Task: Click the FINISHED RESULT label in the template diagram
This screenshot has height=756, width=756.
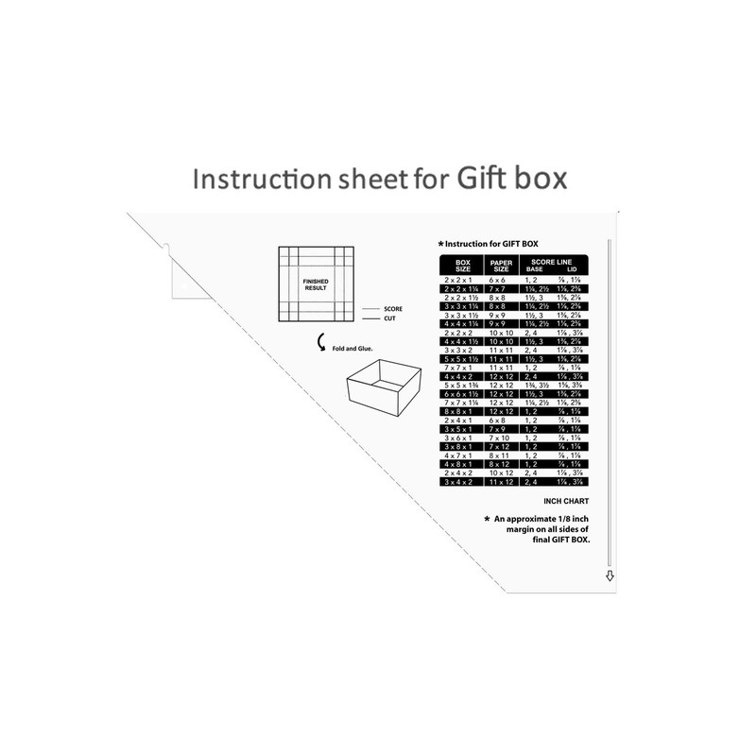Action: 315,284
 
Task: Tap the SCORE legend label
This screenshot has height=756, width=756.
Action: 393,309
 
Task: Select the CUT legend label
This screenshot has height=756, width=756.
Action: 390,319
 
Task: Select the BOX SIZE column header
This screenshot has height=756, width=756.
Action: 462,266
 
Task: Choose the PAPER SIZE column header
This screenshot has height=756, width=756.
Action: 500,266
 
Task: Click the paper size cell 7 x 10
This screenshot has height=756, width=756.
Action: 500,438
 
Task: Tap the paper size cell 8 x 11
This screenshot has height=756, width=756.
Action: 500,455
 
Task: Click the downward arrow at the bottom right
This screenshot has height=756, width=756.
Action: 610,575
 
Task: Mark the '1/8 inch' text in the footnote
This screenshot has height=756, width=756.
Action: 570,520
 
